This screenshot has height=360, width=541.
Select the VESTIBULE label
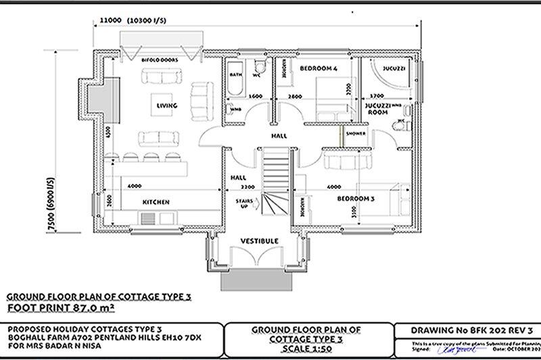coord(260,241)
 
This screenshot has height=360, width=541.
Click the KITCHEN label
coord(156,202)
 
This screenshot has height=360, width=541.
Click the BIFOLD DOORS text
coord(159,60)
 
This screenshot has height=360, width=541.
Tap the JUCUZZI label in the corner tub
coord(394,70)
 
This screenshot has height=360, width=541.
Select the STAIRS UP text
coord(244,204)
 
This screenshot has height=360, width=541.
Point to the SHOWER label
coord(356,134)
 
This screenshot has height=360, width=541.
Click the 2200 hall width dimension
coord(248,186)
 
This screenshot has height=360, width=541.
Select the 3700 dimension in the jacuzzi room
coord(376,97)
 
